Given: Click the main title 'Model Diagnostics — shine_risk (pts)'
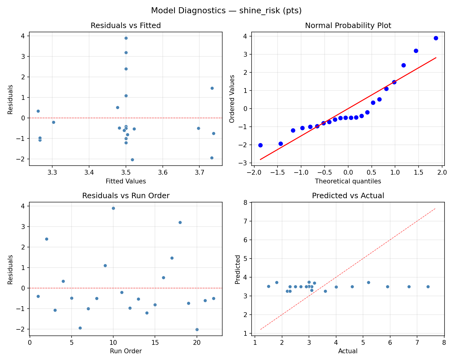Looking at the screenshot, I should [226, 11].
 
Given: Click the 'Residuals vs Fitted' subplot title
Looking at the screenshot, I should [126, 26].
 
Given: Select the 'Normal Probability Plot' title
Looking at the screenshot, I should [348, 26].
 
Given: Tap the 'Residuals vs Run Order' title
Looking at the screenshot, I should [126, 196].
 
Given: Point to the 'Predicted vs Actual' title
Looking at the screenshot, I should [348, 196].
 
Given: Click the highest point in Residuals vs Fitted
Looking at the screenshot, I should [126, 38].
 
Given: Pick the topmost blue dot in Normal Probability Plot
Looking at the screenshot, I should [436, 38].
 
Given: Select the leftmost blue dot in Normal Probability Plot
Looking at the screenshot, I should [260, 145].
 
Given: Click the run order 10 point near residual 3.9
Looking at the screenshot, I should [113, 208].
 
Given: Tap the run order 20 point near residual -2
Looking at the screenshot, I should [197, 329].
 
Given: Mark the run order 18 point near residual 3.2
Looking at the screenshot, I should [180, 222].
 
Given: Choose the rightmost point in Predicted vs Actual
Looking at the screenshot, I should [428, 287].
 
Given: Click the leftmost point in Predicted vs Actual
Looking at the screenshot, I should [268, 286].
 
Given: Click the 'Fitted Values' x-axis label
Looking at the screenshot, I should [126, 181].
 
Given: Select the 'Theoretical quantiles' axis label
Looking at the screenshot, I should [348, 181].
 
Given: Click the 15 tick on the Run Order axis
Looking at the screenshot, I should [155, 342].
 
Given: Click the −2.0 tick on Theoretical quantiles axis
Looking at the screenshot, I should [254, 172].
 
